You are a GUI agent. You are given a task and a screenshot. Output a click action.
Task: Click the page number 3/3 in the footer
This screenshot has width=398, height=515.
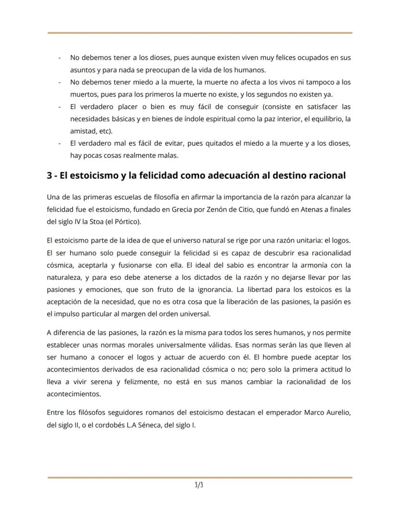[199, 485]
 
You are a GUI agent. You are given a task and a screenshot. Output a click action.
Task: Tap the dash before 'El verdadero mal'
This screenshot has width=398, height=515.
[59, 143]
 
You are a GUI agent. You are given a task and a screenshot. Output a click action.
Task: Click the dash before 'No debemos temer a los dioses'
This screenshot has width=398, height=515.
[59, 58]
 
